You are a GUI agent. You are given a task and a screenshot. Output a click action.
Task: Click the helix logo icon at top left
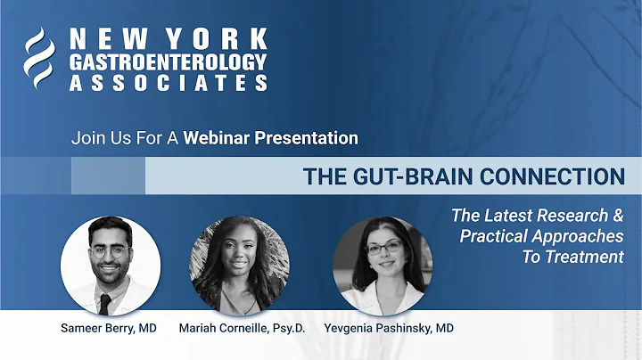click(x=40, y=58)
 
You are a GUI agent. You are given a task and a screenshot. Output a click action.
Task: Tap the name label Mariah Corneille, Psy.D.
click(x=241, y=328)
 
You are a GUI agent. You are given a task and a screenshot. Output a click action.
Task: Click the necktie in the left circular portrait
click(x=105, y=303)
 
